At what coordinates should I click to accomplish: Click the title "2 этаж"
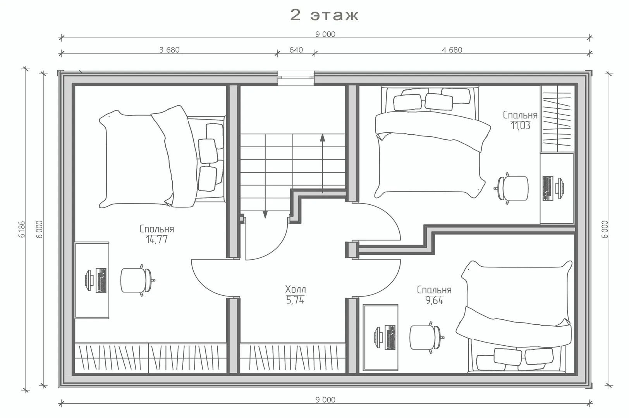click(324, 15)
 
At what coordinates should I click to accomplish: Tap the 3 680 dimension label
click(169, 50)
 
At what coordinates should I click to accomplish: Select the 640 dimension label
click(296, 50)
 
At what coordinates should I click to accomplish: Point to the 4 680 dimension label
click(452, 50)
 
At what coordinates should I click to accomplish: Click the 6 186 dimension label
click(22, 229)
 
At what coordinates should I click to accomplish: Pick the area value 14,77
click(157, 239)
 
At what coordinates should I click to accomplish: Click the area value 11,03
click(520, 126)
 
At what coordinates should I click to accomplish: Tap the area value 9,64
click(434, 300)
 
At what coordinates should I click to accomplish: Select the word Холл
click(296, 289)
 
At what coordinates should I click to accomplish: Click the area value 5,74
click(295, 300)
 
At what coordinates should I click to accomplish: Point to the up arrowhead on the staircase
click(322, 138)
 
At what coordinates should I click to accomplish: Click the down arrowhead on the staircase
click(265, 214)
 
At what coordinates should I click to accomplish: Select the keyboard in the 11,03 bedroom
click(548, 188)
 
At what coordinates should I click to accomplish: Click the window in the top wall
click(296, 78)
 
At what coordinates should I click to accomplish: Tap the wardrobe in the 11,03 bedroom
click(557, 119)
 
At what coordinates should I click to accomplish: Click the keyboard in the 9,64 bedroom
click(390, 337)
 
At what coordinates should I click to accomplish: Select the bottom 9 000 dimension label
click(325, 400)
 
